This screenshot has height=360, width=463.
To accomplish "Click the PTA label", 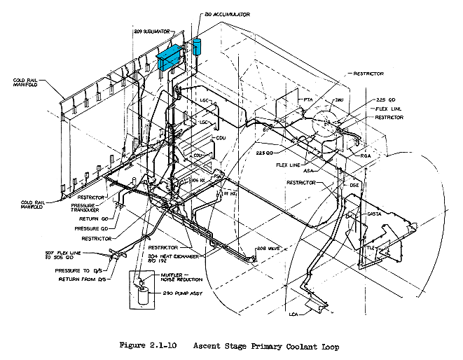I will pyautogui.click(x=307, y=100).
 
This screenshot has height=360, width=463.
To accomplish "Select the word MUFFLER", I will pyautogui.click(x=172, y=275).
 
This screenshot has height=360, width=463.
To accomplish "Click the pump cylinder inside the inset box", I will pyautogui.click(x=143, y=293).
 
